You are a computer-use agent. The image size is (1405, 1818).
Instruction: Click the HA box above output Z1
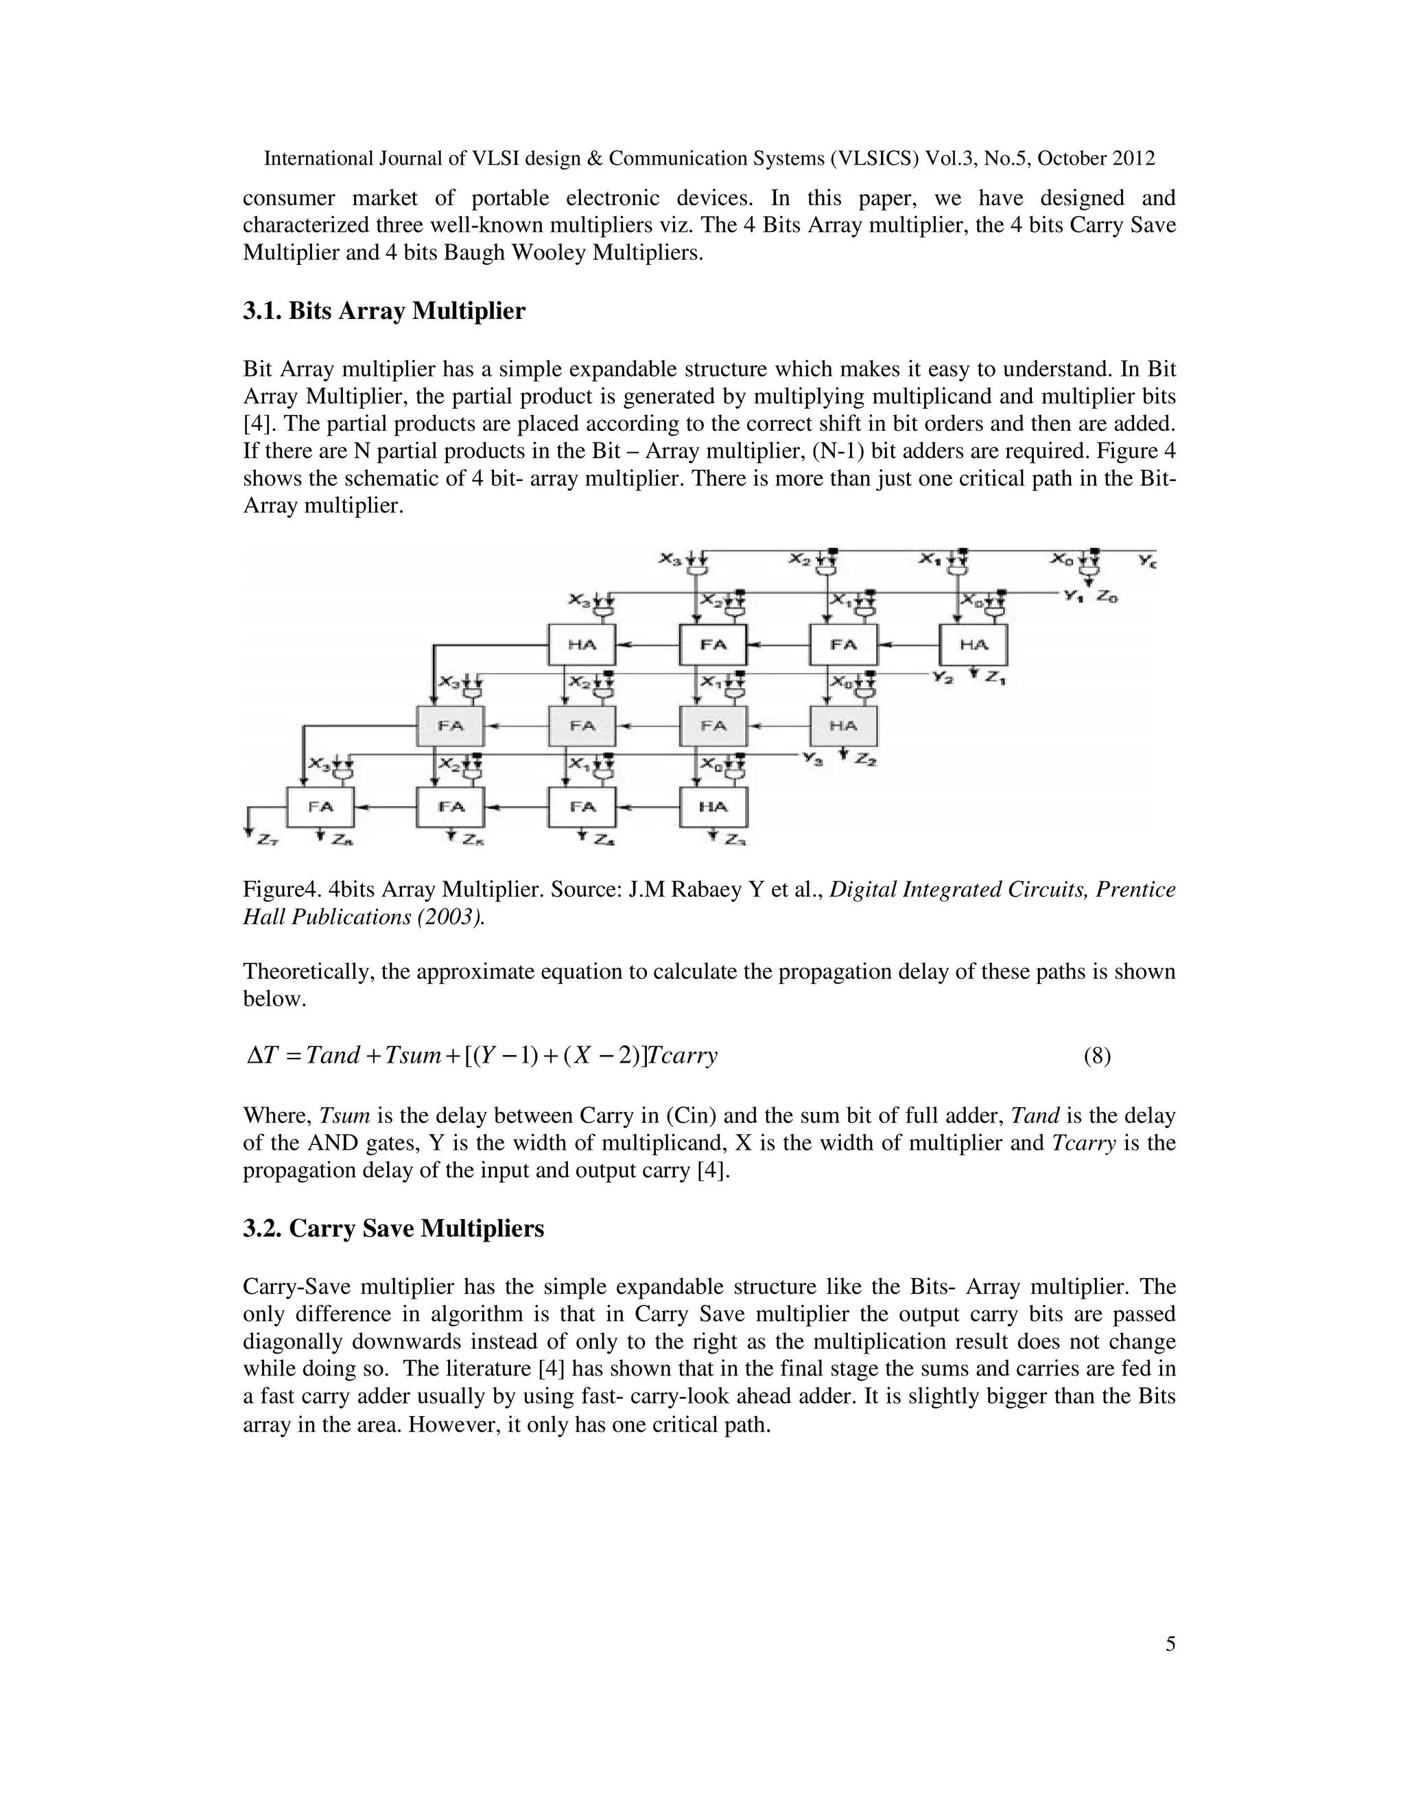point(973,644)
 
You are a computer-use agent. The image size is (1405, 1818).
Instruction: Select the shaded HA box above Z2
point(843,726)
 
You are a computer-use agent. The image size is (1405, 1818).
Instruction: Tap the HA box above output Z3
point(713,806)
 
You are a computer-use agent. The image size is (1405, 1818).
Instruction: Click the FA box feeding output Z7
point(320,806)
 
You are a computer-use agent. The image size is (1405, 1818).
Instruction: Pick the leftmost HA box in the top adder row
point(582,644)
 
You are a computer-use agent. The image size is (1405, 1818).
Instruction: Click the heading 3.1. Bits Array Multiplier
point(383,311)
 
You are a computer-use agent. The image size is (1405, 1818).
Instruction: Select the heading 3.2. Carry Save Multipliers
point(393,1229)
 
